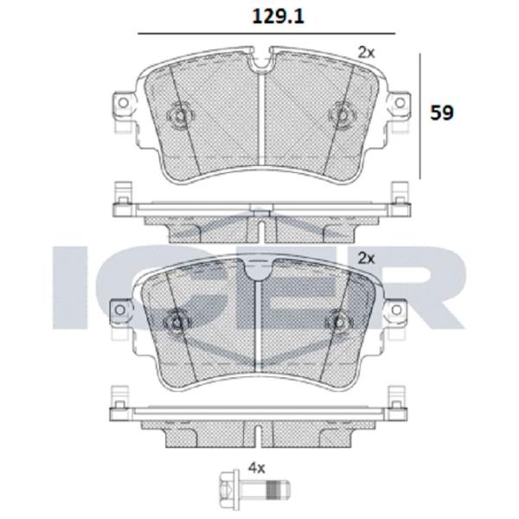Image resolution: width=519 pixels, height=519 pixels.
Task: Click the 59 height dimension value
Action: click(442, 112)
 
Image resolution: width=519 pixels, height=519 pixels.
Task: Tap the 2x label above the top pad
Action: click(367, 53)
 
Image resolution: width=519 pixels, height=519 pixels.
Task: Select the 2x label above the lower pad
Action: click(367, 258)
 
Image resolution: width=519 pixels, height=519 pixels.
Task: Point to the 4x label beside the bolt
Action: click(256, 467)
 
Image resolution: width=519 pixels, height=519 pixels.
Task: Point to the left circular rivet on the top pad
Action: click(180, 114)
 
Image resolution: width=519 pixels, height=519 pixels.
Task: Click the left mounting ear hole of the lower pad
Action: click(123, 309)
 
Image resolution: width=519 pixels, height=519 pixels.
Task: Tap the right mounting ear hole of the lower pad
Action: click(399, 309)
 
